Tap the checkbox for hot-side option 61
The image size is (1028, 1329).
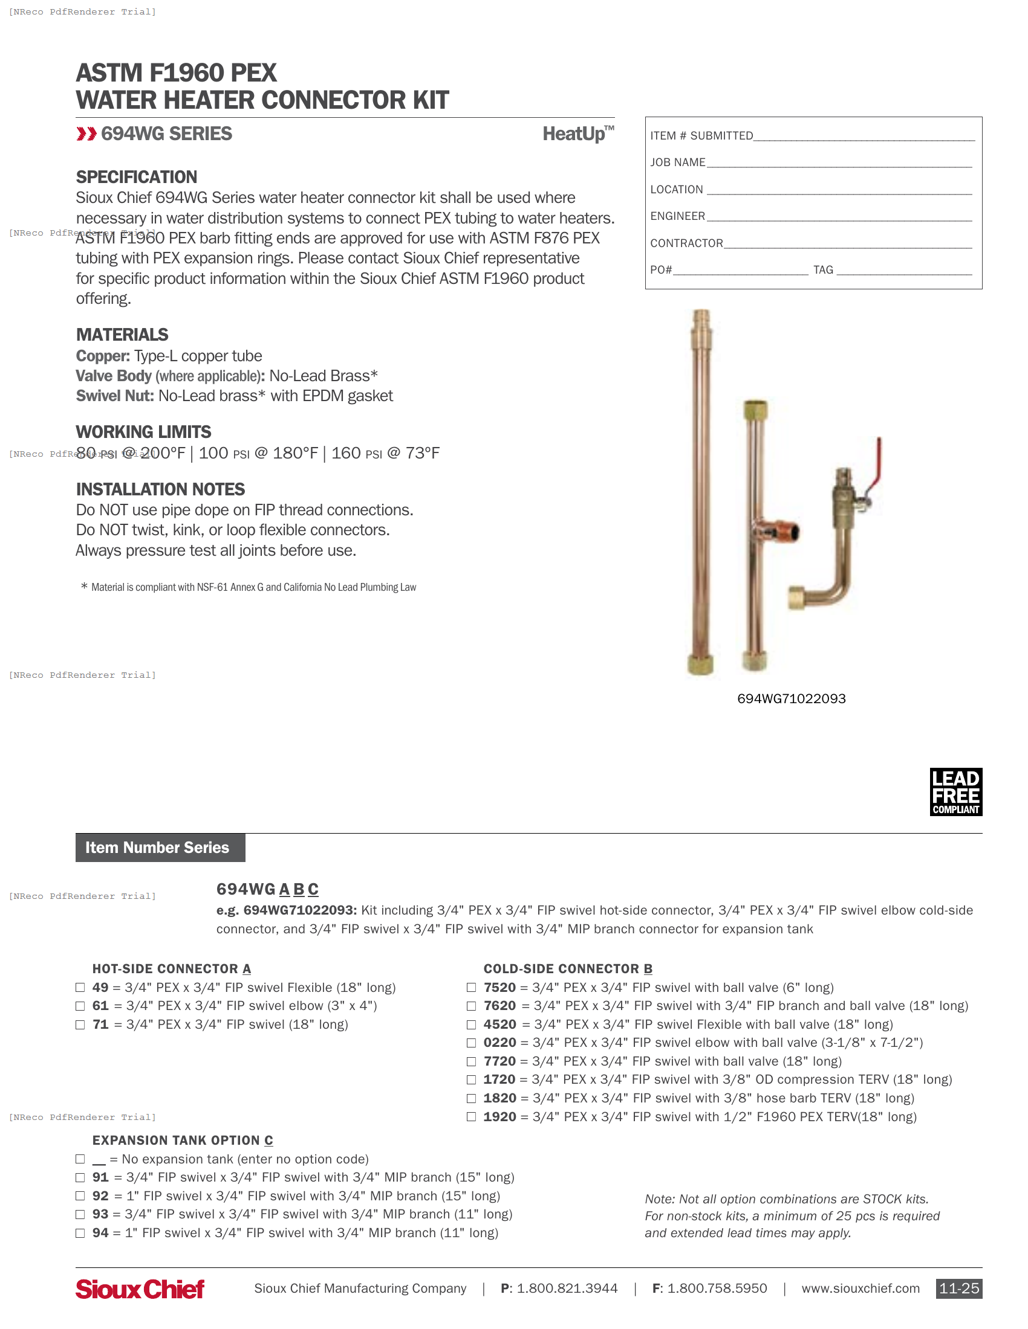[x=80, y=1006]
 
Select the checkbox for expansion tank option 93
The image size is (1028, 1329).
[x=80, y=1214]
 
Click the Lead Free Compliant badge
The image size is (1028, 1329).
[x=955, y=791]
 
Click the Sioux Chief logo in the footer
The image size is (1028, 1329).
[x=140, y=1289]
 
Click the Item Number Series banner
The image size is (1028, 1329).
[x=160, y=847]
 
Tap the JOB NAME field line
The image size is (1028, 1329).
[x=839, y=163]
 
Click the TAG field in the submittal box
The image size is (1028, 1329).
[x=904, y=271]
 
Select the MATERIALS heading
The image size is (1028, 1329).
[x=122, y=335]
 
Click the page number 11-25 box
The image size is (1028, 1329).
[x=958, y=1289]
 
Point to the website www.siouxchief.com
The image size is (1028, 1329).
[x=860, y=1289]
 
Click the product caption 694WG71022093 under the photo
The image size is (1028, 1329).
[x=791, y=698]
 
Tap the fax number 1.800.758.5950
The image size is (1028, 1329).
[x=717, y=1289]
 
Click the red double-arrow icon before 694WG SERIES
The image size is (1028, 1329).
[x=86, y=134]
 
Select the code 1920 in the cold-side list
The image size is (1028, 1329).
[x=499, y=1116]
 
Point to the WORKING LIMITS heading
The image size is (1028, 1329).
[x=143, y=432]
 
